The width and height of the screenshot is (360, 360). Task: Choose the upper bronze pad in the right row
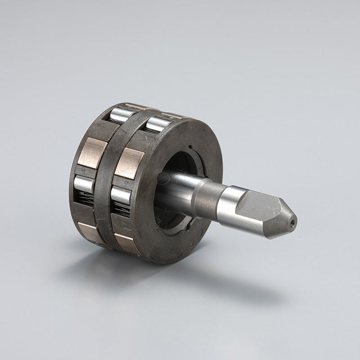tap(129, 163)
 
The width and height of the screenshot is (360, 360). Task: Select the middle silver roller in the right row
tap(121, 195)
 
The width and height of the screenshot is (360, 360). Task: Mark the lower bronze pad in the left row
tap(91, 231)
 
